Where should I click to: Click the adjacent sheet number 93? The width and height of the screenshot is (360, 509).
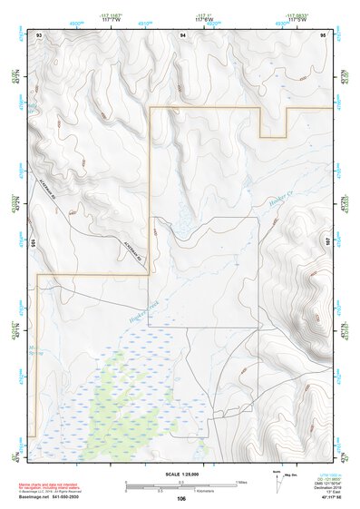[x=40, y=34]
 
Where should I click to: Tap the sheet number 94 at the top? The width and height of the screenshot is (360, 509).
[x=182, y=34]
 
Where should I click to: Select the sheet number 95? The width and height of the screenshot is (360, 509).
[x=323, y=34]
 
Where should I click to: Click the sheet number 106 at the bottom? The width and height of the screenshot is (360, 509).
[x=181, y=499]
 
